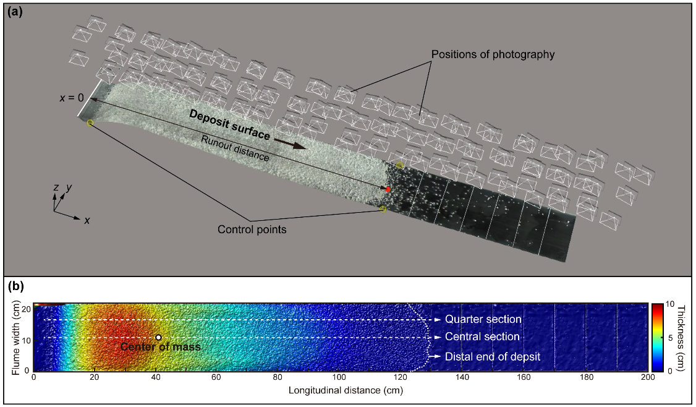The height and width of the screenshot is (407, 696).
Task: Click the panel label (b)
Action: [14, 287]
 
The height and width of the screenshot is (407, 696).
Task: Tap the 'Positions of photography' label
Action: [493, 54]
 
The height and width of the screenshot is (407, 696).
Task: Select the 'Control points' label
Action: [252, 229]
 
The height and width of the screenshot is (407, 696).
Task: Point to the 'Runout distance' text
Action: [236, 148]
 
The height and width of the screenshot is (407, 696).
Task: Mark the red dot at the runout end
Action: [388, 189]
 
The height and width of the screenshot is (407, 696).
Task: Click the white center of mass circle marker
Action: [158, 337]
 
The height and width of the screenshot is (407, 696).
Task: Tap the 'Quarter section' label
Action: [483, 320]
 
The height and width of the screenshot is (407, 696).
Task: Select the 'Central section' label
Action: [482, 337]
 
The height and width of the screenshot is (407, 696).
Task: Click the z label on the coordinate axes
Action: [56, 186]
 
